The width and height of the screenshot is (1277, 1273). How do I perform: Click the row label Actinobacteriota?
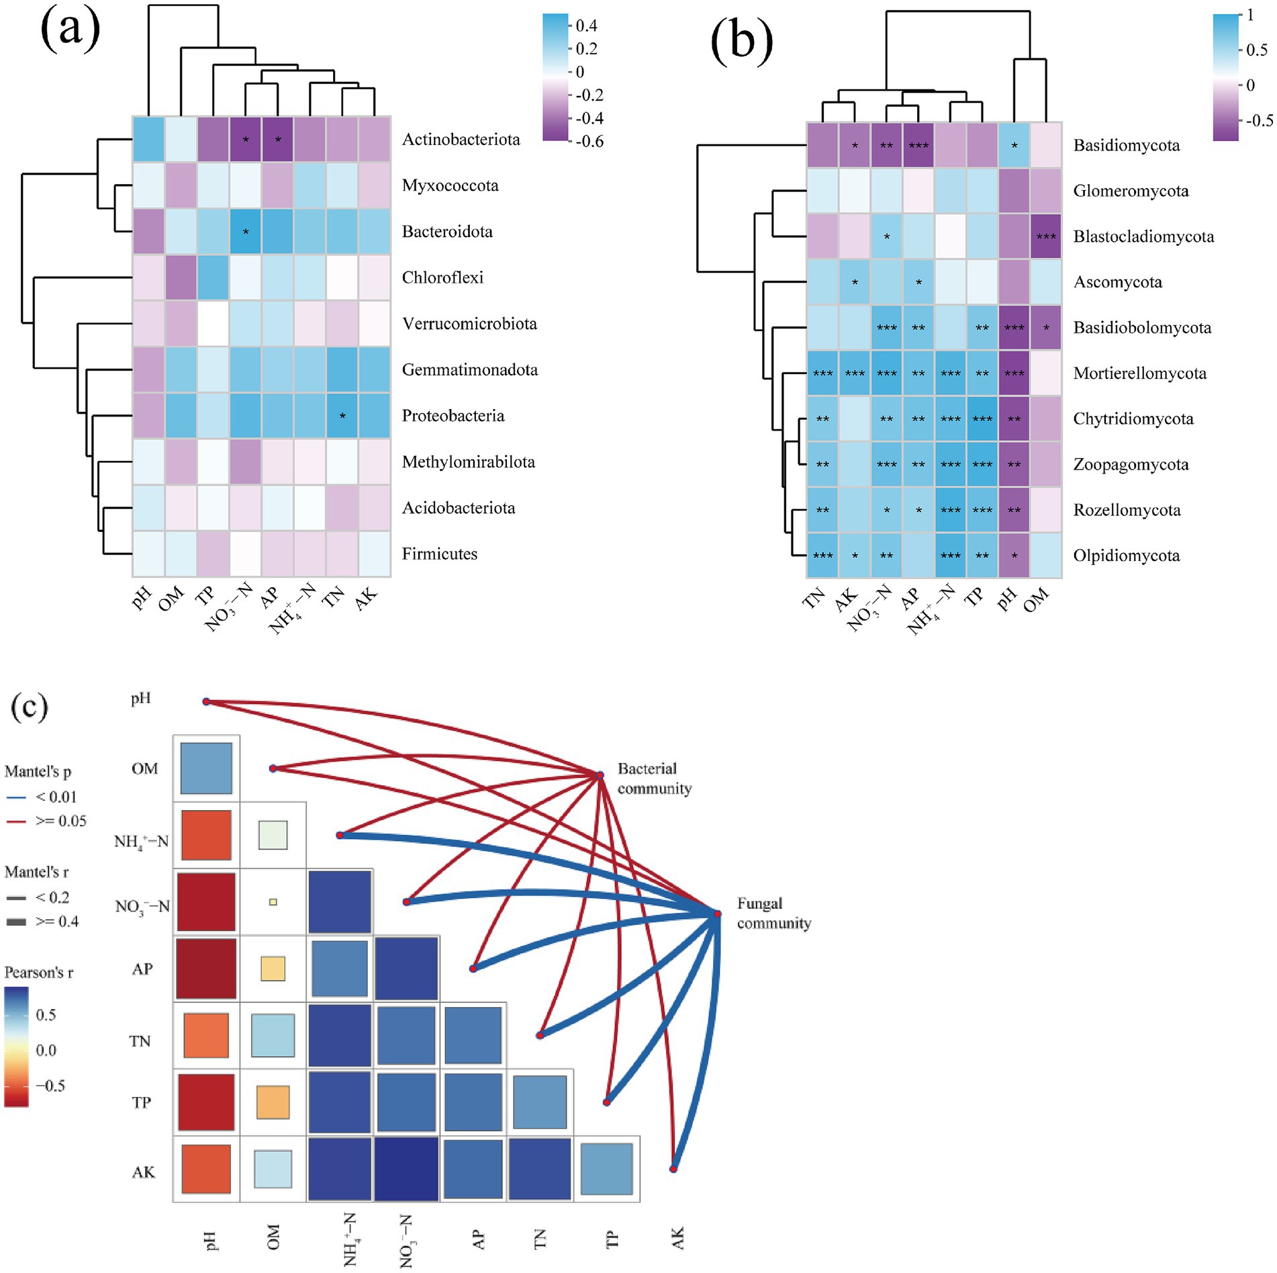coord(461,140)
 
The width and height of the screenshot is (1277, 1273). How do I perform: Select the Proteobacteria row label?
coord(453,416)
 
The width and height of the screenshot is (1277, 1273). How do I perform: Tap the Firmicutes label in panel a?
coord(439,554)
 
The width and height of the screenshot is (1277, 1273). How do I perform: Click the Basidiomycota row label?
coord(1126,146)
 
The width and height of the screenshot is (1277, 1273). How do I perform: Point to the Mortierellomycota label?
coord(1139,374)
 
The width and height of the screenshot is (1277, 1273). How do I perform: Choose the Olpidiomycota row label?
coord(1126,556)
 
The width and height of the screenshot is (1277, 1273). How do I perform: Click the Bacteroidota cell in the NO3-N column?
coord(246,232)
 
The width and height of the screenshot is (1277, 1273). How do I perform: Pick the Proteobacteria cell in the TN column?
coord(342,416)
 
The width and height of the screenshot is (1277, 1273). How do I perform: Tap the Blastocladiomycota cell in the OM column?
coord(1045,236)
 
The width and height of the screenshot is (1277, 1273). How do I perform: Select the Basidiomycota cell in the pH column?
coord(1014,146)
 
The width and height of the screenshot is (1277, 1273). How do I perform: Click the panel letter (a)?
coord(70,30)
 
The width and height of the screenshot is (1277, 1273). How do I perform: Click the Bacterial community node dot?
coord(600,775)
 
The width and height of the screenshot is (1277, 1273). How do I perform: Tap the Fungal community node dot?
coord(717,914)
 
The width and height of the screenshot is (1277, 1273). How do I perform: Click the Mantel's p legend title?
coord(38,771)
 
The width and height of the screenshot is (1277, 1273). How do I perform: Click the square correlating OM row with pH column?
coord(206,769)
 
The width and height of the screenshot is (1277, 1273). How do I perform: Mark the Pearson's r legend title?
coord(38,972)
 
